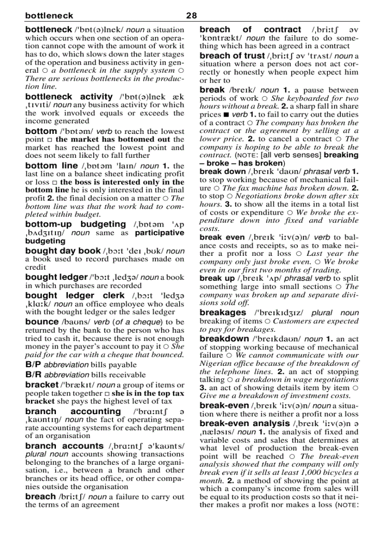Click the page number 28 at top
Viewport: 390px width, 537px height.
pyautogui.click(x=191, y=16)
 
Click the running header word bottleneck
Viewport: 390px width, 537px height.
pyautogui.click(x=49, y=16)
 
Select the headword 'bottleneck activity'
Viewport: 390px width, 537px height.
pyautogui.click(x=69, y=97)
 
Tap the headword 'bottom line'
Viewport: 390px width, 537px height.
pyautogui.click(x=51, y=165)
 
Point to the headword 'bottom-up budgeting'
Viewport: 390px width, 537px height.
pyautogui.click(x=76, y=224)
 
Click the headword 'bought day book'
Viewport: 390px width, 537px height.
pyautogui.click(x=63, y=251)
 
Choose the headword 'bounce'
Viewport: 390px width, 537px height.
pyautogui.click(x=42, y=322)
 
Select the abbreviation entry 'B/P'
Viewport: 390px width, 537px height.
pyautogui.click(x=33, y=364)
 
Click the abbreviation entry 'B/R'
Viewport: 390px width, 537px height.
pyautogui.click(x=33, y=375)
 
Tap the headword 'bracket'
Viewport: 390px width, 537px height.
pyautogui.click(x=41, y=385)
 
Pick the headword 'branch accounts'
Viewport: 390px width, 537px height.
pyautogui.click(x=64, y=446)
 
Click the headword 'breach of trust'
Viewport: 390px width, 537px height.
pyautogui.click(x=232, y=55)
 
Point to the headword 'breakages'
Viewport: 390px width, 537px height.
pyautogui.click(x=223, y=313)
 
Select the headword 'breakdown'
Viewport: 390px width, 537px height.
pyautogui.click(x=224, y=339)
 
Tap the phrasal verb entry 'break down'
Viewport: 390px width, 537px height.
pyautogui.click(x=222, y=172)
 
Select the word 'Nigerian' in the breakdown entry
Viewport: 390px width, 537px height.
pyautogui.click(x=215, y=363)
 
